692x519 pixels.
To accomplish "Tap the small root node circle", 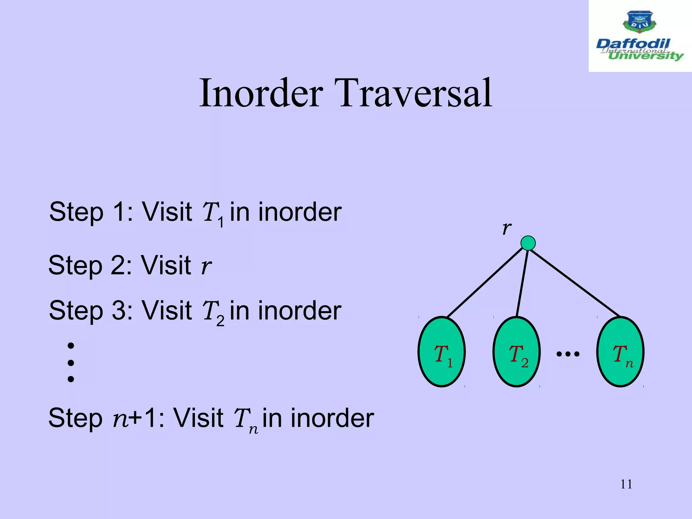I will (x=528, y=243).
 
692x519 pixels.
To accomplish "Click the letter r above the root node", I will (x=506, y=228).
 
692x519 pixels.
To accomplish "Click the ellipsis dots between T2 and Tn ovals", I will (x=568, y=354).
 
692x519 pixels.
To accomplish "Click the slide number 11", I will (x=626, y=484).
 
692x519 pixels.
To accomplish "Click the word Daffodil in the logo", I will (x=633, y=44).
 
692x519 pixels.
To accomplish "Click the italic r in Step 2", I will (x=206, y=266).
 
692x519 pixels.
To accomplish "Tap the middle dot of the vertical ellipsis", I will (x=71, y=363).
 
